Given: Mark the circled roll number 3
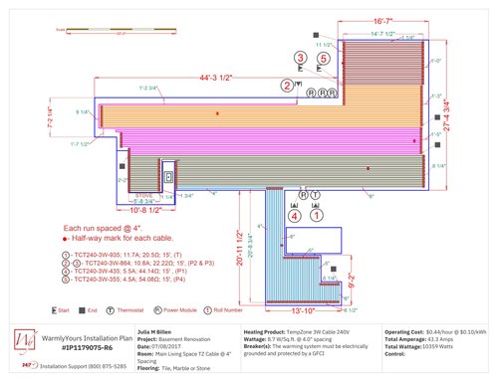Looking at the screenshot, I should click(x=301, y=59).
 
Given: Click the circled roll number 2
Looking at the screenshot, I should click(x=287, y=87).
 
